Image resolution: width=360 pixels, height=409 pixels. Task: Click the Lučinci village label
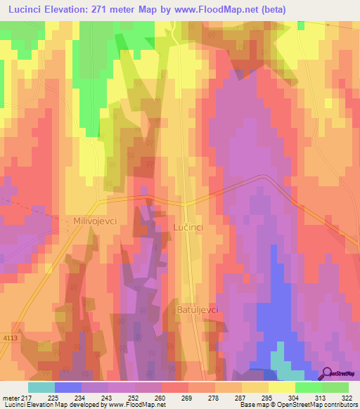coord(188,228)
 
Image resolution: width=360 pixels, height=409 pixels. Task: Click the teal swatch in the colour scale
coord(41,387)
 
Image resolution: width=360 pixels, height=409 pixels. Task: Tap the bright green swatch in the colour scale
coord(309,387)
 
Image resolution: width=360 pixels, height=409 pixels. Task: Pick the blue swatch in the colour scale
coord(68,387)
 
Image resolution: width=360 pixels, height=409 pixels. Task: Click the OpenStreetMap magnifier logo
coord(328,374)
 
